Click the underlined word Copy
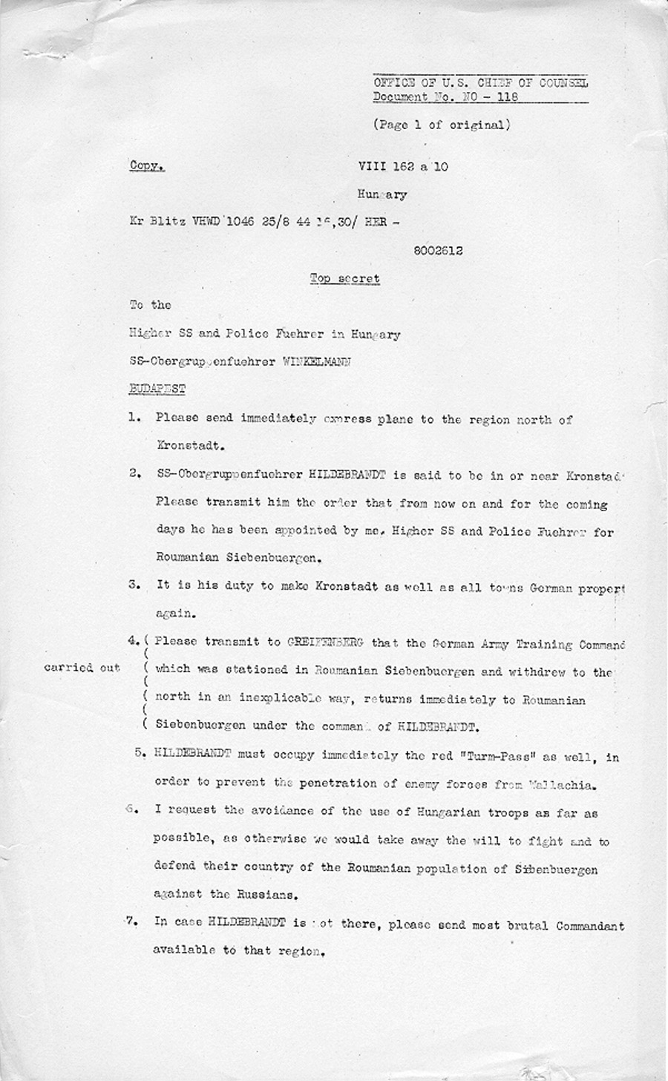click(x=147, y=166)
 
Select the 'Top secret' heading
click(x=345, y=279)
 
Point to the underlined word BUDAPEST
click(x=157, y=389)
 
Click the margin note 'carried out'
click(x=82, y=668)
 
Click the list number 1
click(x=134, y=418)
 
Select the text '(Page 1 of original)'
click(x=442, y=125)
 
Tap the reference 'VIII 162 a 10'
click(x=402, y=166)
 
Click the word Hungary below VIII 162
click(x=382, y=195)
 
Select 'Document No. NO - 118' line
click(x=445, y=97)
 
